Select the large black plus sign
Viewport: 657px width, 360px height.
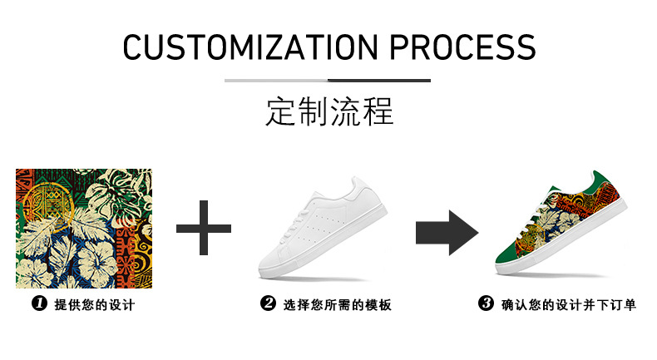click(x=204, y=227)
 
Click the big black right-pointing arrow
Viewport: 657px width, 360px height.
click(x=447, y=228)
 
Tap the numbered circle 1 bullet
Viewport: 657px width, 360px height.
click(x=38, y=304)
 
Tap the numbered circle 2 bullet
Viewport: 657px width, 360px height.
click(x=268, y=304)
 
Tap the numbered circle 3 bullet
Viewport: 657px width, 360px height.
click(x=487, y=304)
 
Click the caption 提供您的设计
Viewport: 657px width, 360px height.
click(x=95, y=305)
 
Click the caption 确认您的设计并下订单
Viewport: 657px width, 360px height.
click(x=569, y=305)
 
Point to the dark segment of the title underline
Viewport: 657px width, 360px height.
click(x=378, y=81)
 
